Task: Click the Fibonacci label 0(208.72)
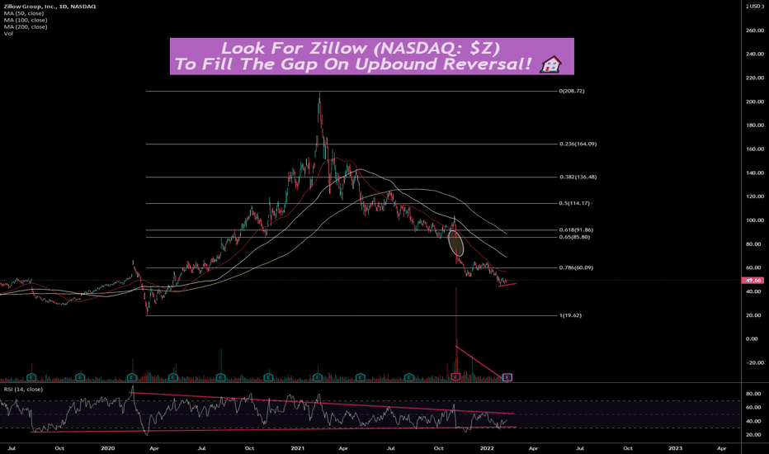coord(570,91)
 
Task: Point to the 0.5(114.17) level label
coord(574,203)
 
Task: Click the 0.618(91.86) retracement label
coord(576,230)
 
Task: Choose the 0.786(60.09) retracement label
coord(576,267)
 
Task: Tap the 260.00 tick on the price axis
coord(754,31)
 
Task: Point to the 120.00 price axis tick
coord(754,197)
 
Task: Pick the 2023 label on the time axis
coord(675,447)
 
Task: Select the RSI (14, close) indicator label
coord(23,389)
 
